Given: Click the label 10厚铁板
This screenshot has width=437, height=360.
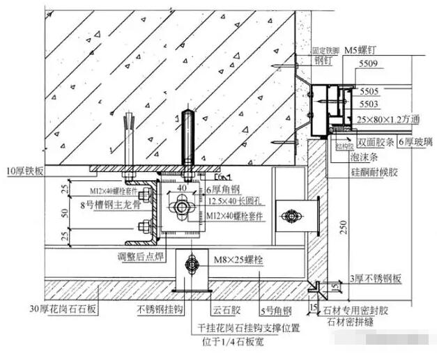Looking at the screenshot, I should (25, 169).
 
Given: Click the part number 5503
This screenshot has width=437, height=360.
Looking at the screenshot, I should (370, 104).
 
